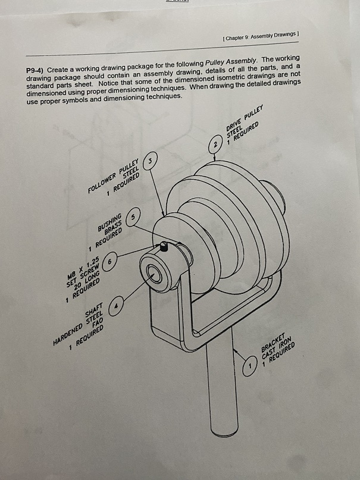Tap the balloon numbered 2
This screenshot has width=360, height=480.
215,145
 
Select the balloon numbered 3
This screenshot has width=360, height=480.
153,161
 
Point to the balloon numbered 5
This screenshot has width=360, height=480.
135,217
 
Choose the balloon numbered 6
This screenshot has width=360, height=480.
111,260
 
